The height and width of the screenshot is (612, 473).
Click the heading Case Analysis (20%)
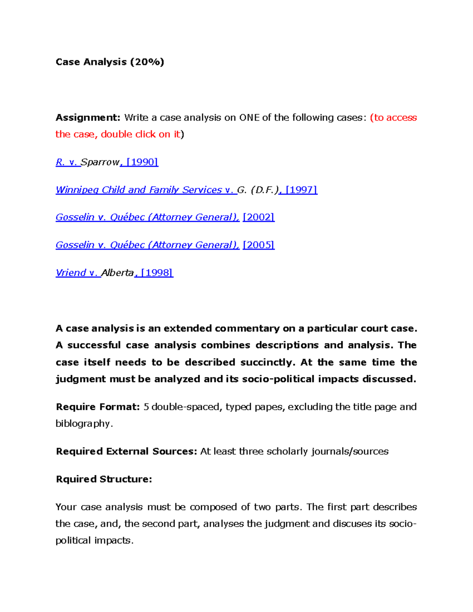tap(110, 62)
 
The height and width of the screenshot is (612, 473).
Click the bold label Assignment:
tap(88, 117)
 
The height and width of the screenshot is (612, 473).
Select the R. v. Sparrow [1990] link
tap(107, 162)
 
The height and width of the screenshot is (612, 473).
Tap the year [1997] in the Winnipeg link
tap(301, 190)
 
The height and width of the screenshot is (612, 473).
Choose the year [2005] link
tap(259, 245)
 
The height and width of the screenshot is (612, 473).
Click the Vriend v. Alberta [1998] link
tap(114, 273)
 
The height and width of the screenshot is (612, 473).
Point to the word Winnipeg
tap(77, 190)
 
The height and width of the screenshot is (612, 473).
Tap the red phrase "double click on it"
tap(140, 134)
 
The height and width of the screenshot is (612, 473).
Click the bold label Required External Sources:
tap(126, 451)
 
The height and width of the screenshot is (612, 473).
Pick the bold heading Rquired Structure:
tap(104, 479)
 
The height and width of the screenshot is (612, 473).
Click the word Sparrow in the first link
tap(100, 162)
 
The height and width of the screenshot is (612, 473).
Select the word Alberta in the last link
tap(117, 273)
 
